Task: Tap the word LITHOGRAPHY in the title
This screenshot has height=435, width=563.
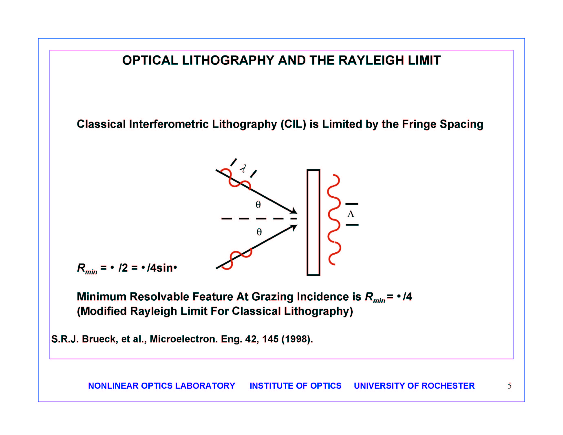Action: coord(228,60)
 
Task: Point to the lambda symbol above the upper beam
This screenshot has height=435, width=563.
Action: coord(243,168)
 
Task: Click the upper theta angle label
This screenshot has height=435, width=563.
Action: coord(258,205)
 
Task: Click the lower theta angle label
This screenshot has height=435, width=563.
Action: coord(259,232)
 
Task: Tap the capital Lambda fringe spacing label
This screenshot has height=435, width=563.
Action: coord(351,214)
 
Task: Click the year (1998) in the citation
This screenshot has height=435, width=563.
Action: coord(297,339)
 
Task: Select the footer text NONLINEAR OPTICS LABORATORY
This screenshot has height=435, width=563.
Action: coord(162,386)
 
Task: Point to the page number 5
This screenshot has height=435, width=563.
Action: coord(510,386)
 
